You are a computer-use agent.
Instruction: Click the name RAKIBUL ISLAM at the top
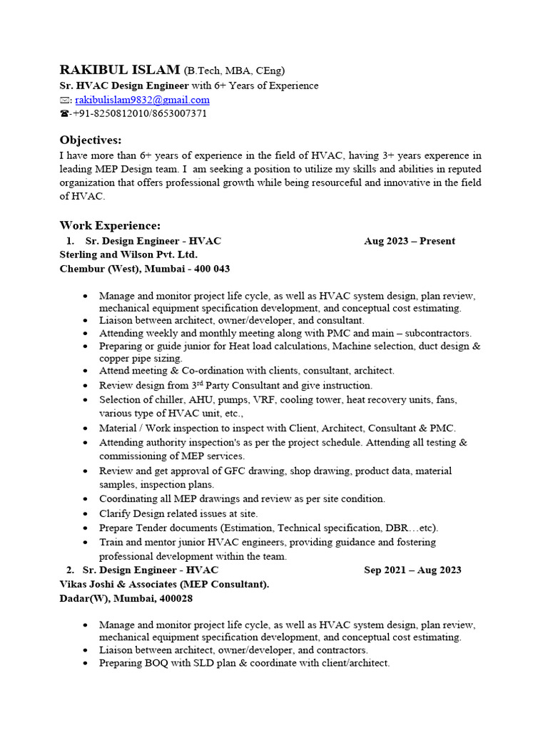pyautogui.click(x=119, y=70)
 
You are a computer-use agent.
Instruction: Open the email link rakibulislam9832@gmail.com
pyautogui.click(x=142, y=100)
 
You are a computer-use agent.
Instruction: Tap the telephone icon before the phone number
pyautogui.click(x=64, y=114)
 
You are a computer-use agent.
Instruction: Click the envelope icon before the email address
pyautogui.click(x=65, y=101)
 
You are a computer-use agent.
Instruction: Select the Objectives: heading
pyautogui.click(x=91, y=140)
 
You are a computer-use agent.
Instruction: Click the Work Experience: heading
pyautogui.click(x=110, y=225)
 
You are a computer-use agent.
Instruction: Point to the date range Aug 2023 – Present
pyautogui.click(x=409, y=241)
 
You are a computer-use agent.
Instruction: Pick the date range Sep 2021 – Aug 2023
pyautogui.click(x=412, y=570)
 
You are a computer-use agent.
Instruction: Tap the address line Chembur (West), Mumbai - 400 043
pyautogui.click(x=144, y=269)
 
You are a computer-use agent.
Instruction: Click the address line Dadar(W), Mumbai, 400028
pyautogui.click(x=126, y=598)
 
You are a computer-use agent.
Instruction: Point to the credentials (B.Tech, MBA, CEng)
pyautogui.click(x=235, y=71)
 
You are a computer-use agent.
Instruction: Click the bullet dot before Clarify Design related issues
pyautogui.click(x=86, y=513)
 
